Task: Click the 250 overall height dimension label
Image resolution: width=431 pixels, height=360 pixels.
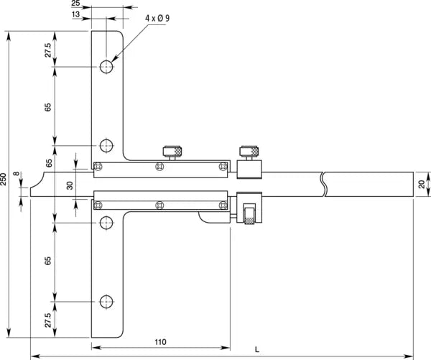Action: pyautogui.click(x=4, y=180)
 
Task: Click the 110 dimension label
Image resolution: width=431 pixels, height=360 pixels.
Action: pyautogui.click(x=161, y=341)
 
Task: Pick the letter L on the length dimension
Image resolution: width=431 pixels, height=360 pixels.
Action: pyautogui.click(x=257, y=349)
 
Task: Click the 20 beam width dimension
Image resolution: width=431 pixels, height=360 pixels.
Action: pyautogui.click(x=422, y=184)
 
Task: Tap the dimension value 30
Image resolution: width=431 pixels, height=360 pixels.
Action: pyautogui.click(x=70, y=185)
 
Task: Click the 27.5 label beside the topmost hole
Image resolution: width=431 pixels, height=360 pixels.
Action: pyautogui.click(x=47, y=50)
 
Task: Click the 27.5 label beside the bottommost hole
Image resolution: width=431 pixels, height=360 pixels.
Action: pyautogui.click(x=47, y=319)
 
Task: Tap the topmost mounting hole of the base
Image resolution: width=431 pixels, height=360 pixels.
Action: pyautogui.click(x=106, y=68)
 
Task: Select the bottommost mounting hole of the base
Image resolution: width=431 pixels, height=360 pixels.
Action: pyautogui.click(x=106, y=301)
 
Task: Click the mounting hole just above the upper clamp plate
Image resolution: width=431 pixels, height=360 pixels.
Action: pyautogui.click(x=106, y=146)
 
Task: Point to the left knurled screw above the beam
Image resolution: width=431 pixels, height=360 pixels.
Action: pyautogui.click(x=172, y=152)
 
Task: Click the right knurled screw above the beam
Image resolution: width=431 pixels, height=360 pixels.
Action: pyautogui.click(x=249, y=152)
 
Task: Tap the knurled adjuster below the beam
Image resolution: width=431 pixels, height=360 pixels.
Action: pyautogui.click(x=249, y=215)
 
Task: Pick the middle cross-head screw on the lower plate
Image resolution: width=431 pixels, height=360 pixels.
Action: pyautogui.click(x=159, y=206)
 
